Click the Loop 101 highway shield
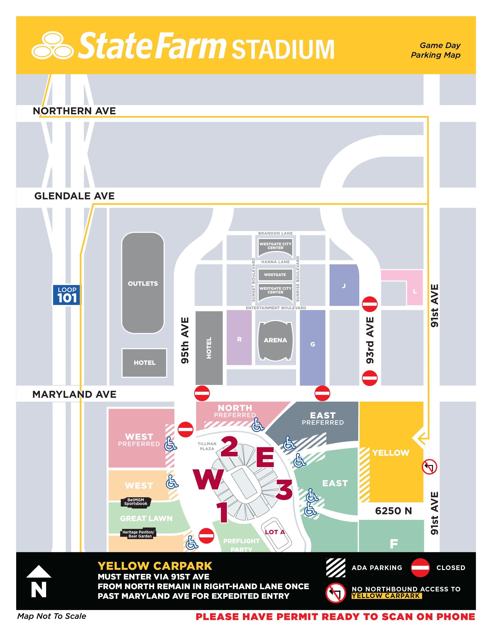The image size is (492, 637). [x=67, y=295]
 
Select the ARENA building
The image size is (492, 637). [x=275, y=340]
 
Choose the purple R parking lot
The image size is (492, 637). [x=239, y=339]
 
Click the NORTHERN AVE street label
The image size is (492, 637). [x=74, y=111]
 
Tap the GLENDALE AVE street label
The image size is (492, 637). [x=74, y=196]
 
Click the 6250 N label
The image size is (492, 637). [x=393, y=511]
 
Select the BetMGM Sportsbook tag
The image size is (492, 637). [x=136, y=502]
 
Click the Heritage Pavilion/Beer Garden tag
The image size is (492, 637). [x=138, y=534]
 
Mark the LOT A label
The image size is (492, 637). [x=275, y=532]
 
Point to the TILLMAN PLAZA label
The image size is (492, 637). [x=207, y=446]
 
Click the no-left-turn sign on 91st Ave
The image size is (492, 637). [x=429, y=467]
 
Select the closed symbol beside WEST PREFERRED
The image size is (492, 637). [x=185, y=429]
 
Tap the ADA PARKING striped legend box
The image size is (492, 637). [x=336, y=568]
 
